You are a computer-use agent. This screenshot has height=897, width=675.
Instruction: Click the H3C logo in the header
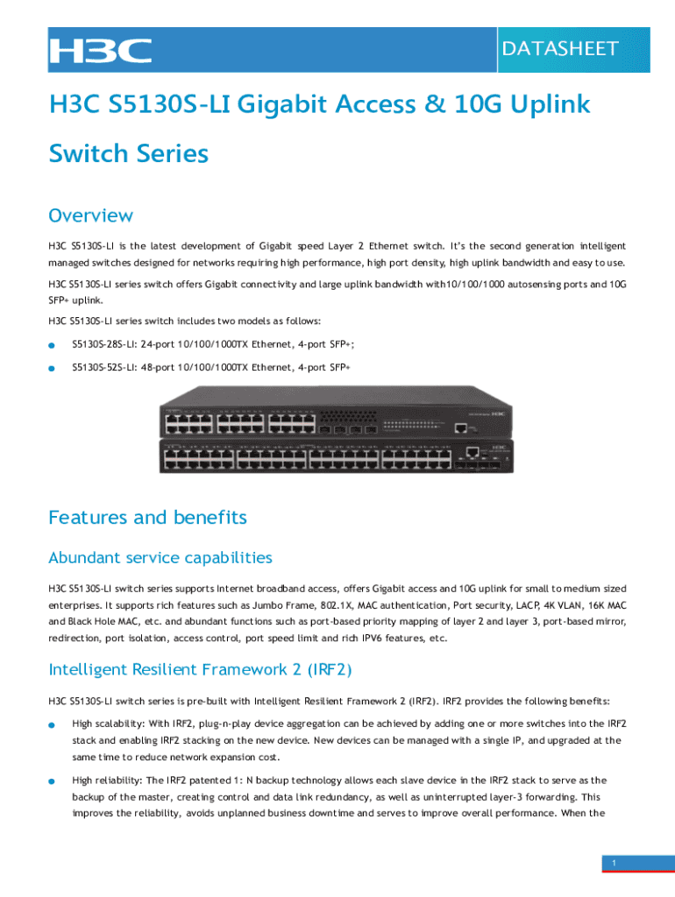click(x=101, y=50)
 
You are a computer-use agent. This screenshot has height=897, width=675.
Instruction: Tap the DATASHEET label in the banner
click(x=560, y=49)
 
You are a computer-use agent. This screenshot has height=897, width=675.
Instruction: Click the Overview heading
click(x=90, y=215)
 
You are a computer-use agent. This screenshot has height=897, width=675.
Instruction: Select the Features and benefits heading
click(x=147, y=517)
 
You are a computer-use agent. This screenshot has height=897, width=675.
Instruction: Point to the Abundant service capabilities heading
click(x=160, y=558)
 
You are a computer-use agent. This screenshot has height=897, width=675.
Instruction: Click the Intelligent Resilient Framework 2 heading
click(x=201, y=669)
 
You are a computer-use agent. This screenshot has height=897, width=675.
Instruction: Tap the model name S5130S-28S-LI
click(x=104, y=344)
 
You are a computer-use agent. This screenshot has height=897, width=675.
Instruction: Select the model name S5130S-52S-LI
click(x=104, y=367)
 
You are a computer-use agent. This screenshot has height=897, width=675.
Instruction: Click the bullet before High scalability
click(x=52, y=724)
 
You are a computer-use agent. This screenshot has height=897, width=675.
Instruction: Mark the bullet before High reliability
click(x=52, y=781)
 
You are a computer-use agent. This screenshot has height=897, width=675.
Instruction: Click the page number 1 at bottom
click(x=615, y=863)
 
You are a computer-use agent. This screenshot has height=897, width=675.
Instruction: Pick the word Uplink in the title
click(x=550, y=105)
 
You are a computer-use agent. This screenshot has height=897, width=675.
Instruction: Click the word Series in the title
click(x=173, y=154)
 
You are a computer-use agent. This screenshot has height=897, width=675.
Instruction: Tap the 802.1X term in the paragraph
click(x=337, y=605)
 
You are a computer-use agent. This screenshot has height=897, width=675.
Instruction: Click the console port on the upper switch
click(x=460, y=427)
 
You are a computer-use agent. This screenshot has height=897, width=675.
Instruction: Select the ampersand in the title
click(x=435, y=105)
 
